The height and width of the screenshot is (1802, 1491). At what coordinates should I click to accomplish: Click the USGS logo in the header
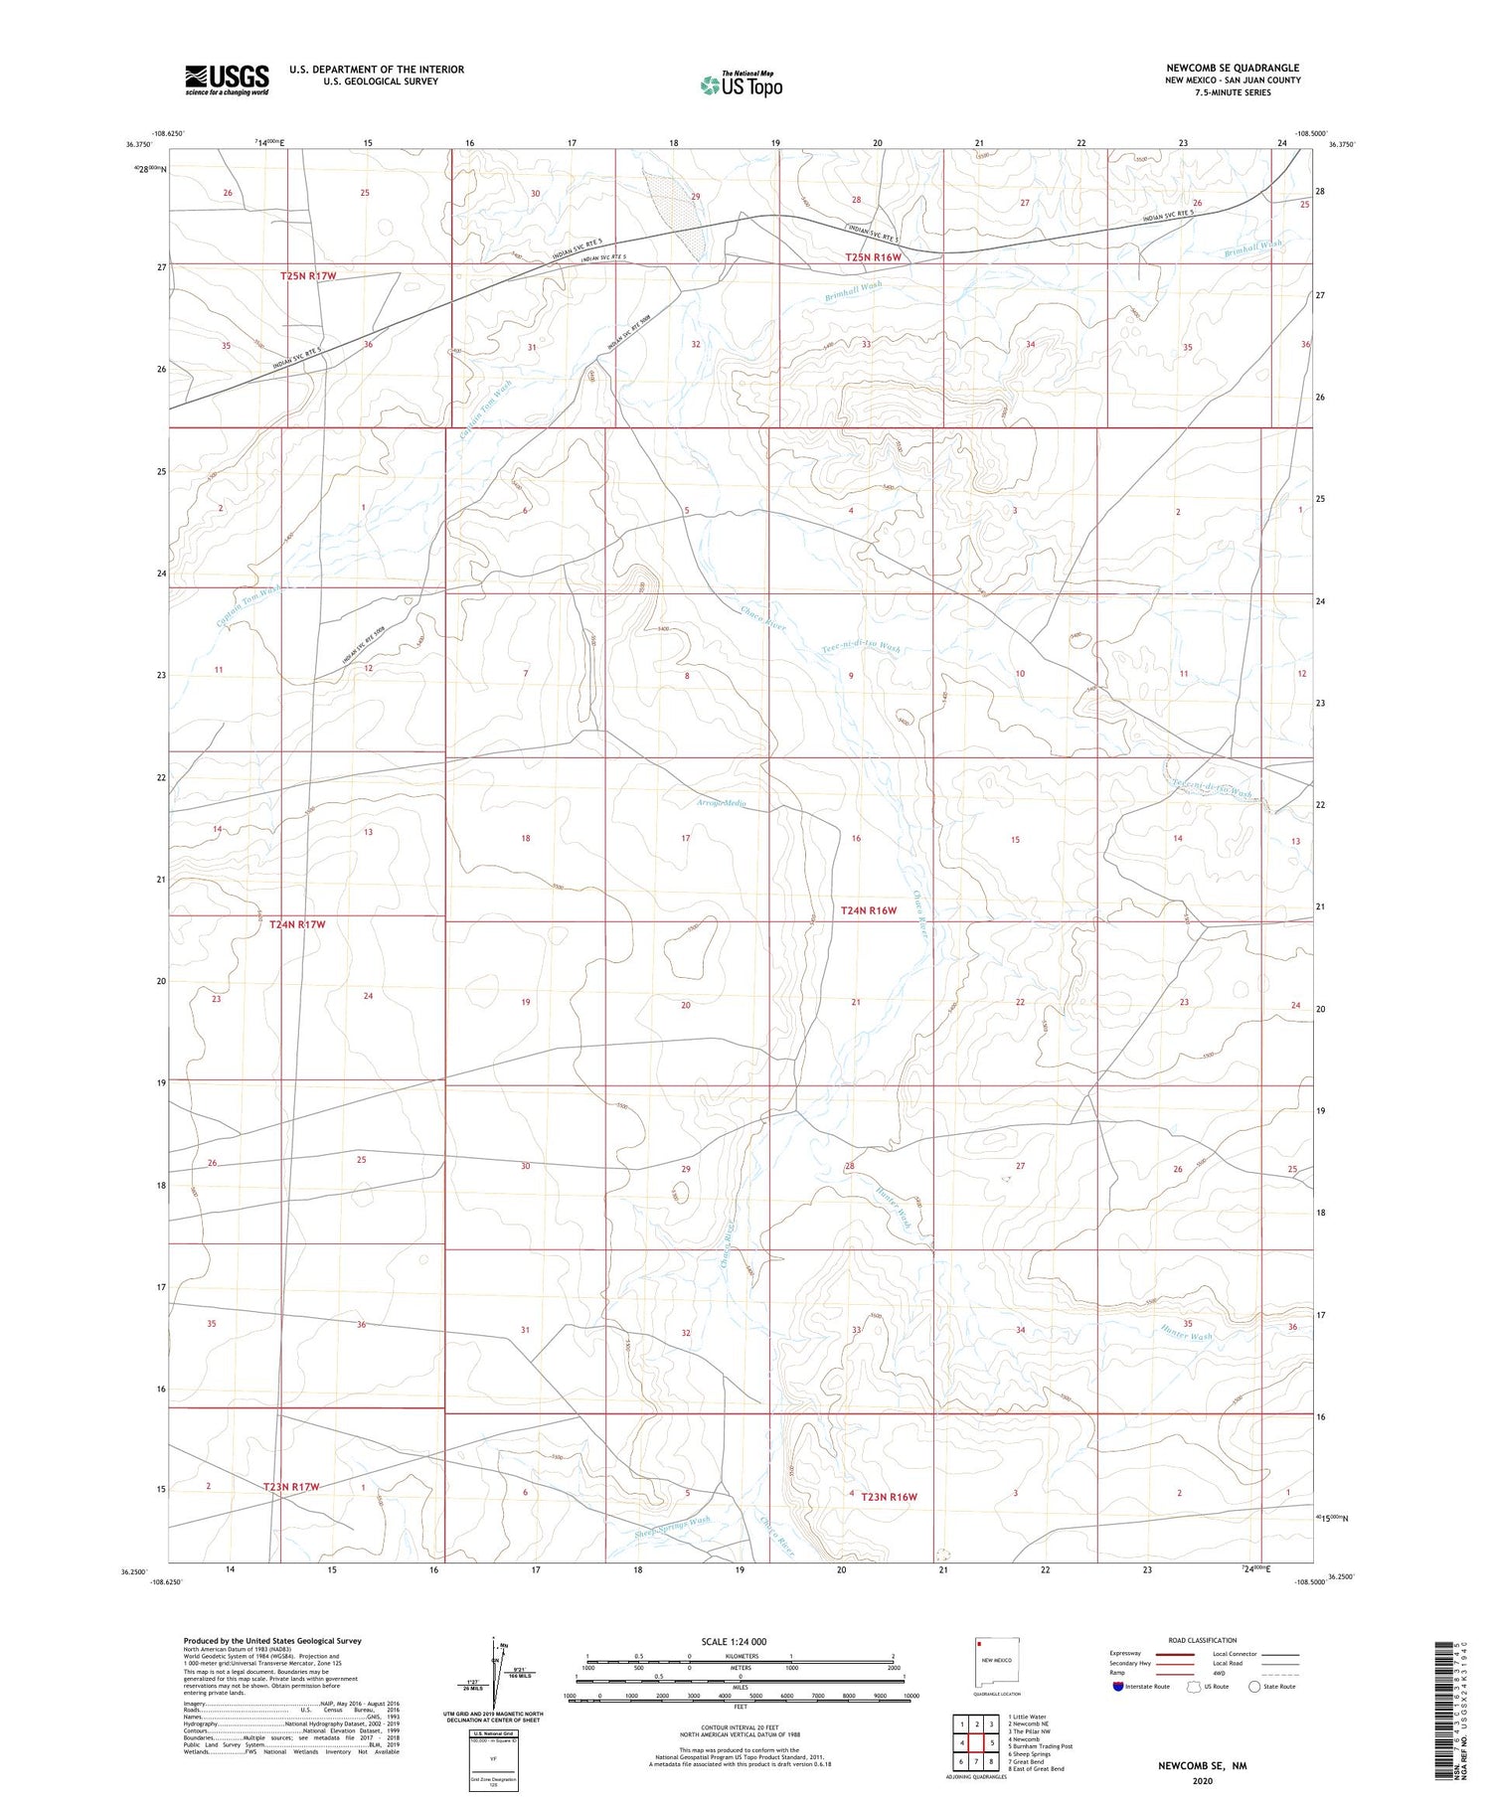(x=227, y=80)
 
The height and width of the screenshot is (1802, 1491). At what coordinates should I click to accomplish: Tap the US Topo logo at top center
(x=741, y=85)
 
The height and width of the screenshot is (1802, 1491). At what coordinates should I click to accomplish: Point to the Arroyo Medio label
(x=722, y=803)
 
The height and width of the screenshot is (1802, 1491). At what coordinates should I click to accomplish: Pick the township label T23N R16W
(x=889, y=1497)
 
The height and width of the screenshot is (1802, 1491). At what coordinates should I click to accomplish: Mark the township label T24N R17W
(x=297, y=924)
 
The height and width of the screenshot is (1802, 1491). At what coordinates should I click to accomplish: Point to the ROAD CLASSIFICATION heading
(x=1203, y=1640)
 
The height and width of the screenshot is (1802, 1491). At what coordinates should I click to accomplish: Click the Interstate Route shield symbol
(x=1119, y=1687)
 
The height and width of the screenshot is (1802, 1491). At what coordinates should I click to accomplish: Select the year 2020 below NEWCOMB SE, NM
(x=1202, y=1781)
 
